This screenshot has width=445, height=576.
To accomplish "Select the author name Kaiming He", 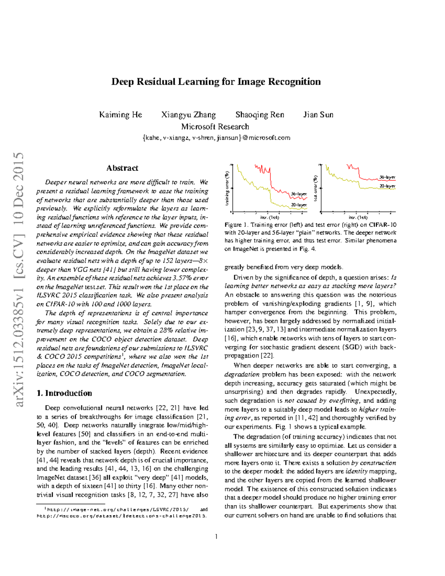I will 121,115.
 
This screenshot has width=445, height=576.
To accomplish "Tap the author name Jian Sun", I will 318,115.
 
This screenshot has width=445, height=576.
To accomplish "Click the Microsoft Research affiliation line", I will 215,126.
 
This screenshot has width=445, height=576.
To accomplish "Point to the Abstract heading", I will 122,168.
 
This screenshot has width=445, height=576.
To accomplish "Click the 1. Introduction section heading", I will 65,393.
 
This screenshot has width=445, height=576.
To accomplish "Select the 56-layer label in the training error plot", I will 299,194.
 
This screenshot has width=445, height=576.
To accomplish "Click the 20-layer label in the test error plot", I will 387,186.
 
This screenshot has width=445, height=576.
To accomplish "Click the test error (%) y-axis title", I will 315,188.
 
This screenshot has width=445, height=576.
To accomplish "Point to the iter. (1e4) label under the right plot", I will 358,217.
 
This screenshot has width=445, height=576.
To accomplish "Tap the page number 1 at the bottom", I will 216,537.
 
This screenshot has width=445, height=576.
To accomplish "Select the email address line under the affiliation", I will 216,138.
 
